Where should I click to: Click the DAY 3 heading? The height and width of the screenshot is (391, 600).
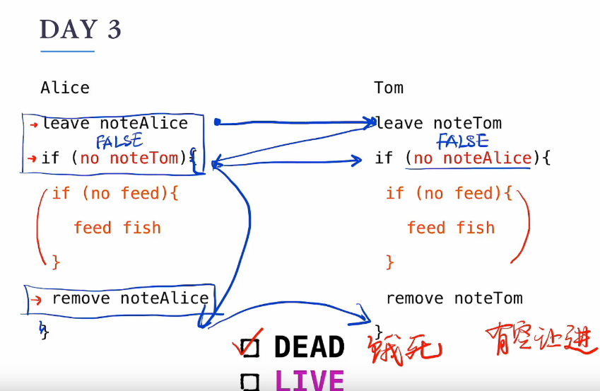(x=81, y=30)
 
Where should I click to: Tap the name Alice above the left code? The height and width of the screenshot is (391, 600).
(x=65, y=88)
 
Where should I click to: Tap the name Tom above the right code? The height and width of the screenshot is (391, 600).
(x=389, y=88)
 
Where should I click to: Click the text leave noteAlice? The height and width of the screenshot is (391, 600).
(x=115, y=123)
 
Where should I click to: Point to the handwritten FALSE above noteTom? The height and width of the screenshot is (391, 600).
(x=119, y=141)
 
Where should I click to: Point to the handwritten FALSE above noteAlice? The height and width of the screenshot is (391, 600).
(x=462, y=141)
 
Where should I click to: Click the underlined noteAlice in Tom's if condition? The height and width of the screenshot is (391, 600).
(x=487, y=158)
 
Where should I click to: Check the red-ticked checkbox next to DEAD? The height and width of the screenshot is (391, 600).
(x=249, y=346)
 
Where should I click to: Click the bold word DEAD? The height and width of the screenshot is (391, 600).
(x=310, y=347)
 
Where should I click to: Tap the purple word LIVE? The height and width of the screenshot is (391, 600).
(x=310, y=380)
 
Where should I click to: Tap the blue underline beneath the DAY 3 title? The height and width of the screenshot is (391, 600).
(x=67, y=51)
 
